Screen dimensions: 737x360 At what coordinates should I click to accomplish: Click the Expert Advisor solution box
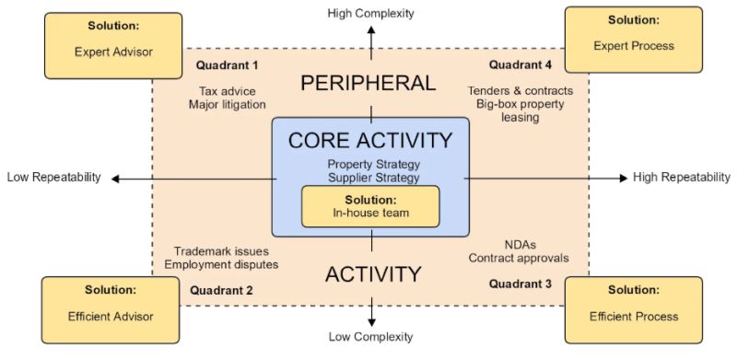tap(113, 46)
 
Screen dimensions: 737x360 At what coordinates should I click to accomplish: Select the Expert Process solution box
tap(634, 40)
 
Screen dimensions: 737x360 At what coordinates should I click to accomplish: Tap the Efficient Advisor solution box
tap(111, 309)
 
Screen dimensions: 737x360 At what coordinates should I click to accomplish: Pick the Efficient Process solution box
tap(634, 309)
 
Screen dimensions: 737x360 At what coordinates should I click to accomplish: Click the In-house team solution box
tap(370, 206)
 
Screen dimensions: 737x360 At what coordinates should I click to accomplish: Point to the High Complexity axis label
tap(371, 13)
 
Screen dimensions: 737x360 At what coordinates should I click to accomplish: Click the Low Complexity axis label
tap(371, 336)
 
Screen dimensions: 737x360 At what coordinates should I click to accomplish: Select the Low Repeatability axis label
tap(54, 177)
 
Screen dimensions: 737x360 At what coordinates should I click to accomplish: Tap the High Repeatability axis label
tap(682, 177)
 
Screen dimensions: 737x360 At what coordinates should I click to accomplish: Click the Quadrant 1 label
tap(227, 65)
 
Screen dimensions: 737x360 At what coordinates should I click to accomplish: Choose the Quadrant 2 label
tap(221, 290)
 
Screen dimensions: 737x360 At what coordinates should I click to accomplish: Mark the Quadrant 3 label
tap(521, 284)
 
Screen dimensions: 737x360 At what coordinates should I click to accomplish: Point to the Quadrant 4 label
tap(521, 64)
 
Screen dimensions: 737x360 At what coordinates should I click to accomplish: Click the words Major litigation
tap(228, 104)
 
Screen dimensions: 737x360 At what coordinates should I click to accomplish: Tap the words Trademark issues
tap(221, 251)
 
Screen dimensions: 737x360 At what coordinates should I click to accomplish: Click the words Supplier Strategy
tap(374, 178)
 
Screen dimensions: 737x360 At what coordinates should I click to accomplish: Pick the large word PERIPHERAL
tap(368, 83)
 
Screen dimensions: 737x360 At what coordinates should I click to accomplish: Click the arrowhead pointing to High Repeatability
tap(624, 178)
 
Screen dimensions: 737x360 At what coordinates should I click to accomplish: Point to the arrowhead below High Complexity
tap(371, 30)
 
